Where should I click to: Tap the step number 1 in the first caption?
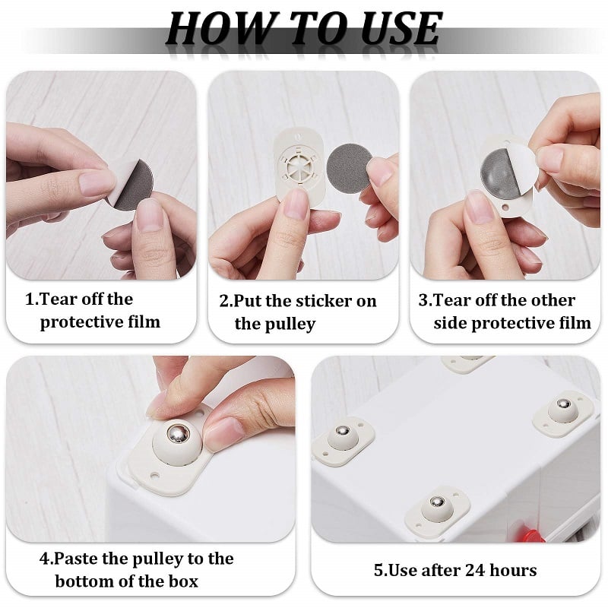tap(30, 299)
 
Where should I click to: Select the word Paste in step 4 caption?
tap(78, 559)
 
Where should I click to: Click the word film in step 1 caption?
tap(142, 321)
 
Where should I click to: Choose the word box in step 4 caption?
tap(179, 581)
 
